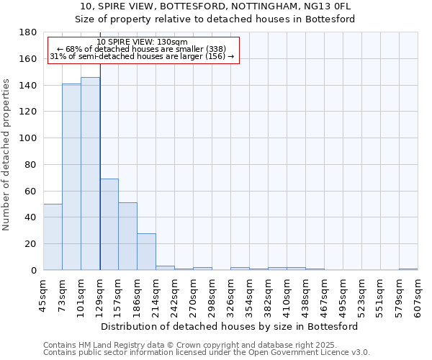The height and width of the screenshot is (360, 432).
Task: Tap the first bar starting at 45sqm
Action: point(53,237)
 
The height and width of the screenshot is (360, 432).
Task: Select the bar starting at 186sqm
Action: point(146,252)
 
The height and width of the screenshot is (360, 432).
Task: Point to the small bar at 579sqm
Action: point(408,269)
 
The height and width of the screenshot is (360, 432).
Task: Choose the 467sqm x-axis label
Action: point(324,291)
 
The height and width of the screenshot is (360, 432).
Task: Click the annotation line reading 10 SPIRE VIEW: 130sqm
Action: point(142,42)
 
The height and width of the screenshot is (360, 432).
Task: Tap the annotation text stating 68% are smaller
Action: point(142,49)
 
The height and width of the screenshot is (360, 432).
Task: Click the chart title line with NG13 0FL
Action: point(215,6)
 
